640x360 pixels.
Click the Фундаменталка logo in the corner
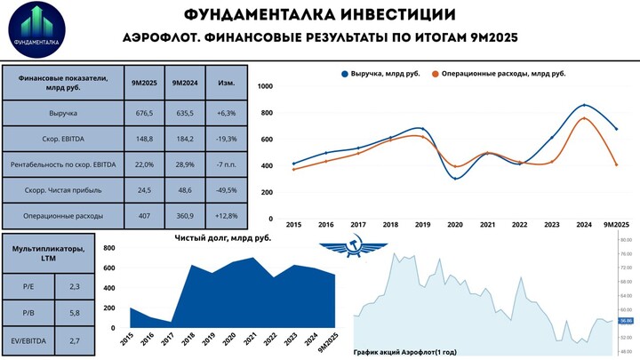37,29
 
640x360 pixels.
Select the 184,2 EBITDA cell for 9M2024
185,140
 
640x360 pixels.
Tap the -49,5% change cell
227,190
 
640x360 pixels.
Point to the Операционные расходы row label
63,216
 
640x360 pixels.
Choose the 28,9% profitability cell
185,164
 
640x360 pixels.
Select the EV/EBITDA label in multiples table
28,340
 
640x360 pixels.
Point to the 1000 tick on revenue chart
265,85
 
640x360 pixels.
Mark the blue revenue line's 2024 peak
583,105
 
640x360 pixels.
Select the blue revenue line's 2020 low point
455,179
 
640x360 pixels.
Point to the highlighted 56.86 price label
625,321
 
